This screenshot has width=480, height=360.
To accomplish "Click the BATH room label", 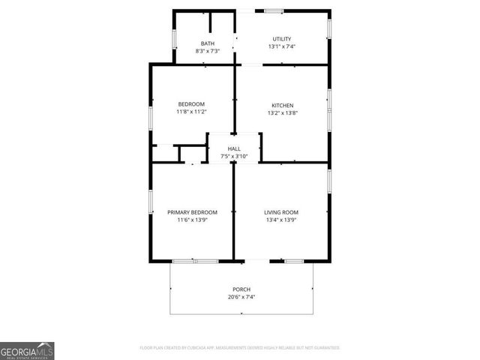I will [207, 43].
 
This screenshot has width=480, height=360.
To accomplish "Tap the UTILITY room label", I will [281, 39].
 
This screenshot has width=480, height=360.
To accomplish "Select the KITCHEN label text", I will [282, 105].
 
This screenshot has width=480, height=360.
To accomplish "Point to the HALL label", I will [234, 149].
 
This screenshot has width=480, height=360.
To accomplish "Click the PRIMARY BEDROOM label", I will [192, 212].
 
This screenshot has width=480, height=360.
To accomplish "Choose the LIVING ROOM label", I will [281, 212].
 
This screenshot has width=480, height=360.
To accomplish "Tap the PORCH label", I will [241, 289].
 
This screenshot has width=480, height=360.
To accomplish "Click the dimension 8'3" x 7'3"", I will [207, 51].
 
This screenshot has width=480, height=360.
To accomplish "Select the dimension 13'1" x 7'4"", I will [281, 46].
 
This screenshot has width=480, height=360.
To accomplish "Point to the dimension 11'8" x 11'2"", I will [191, 112].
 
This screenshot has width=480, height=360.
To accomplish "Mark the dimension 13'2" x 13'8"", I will [282, 112].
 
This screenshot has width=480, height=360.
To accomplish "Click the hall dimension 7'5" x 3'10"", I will [234, 156].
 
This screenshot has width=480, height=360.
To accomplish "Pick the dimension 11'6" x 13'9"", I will [192, 220].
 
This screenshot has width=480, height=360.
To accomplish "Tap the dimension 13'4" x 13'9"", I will [281, 220].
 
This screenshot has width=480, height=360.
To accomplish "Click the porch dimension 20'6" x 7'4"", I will [241, 297].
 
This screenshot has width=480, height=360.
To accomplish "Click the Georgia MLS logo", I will [27, 351].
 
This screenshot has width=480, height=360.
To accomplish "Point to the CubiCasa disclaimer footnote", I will [240, 348].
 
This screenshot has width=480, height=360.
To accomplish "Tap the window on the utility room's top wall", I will [273, 10].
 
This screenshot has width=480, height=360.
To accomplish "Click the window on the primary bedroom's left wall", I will [151, 201].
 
